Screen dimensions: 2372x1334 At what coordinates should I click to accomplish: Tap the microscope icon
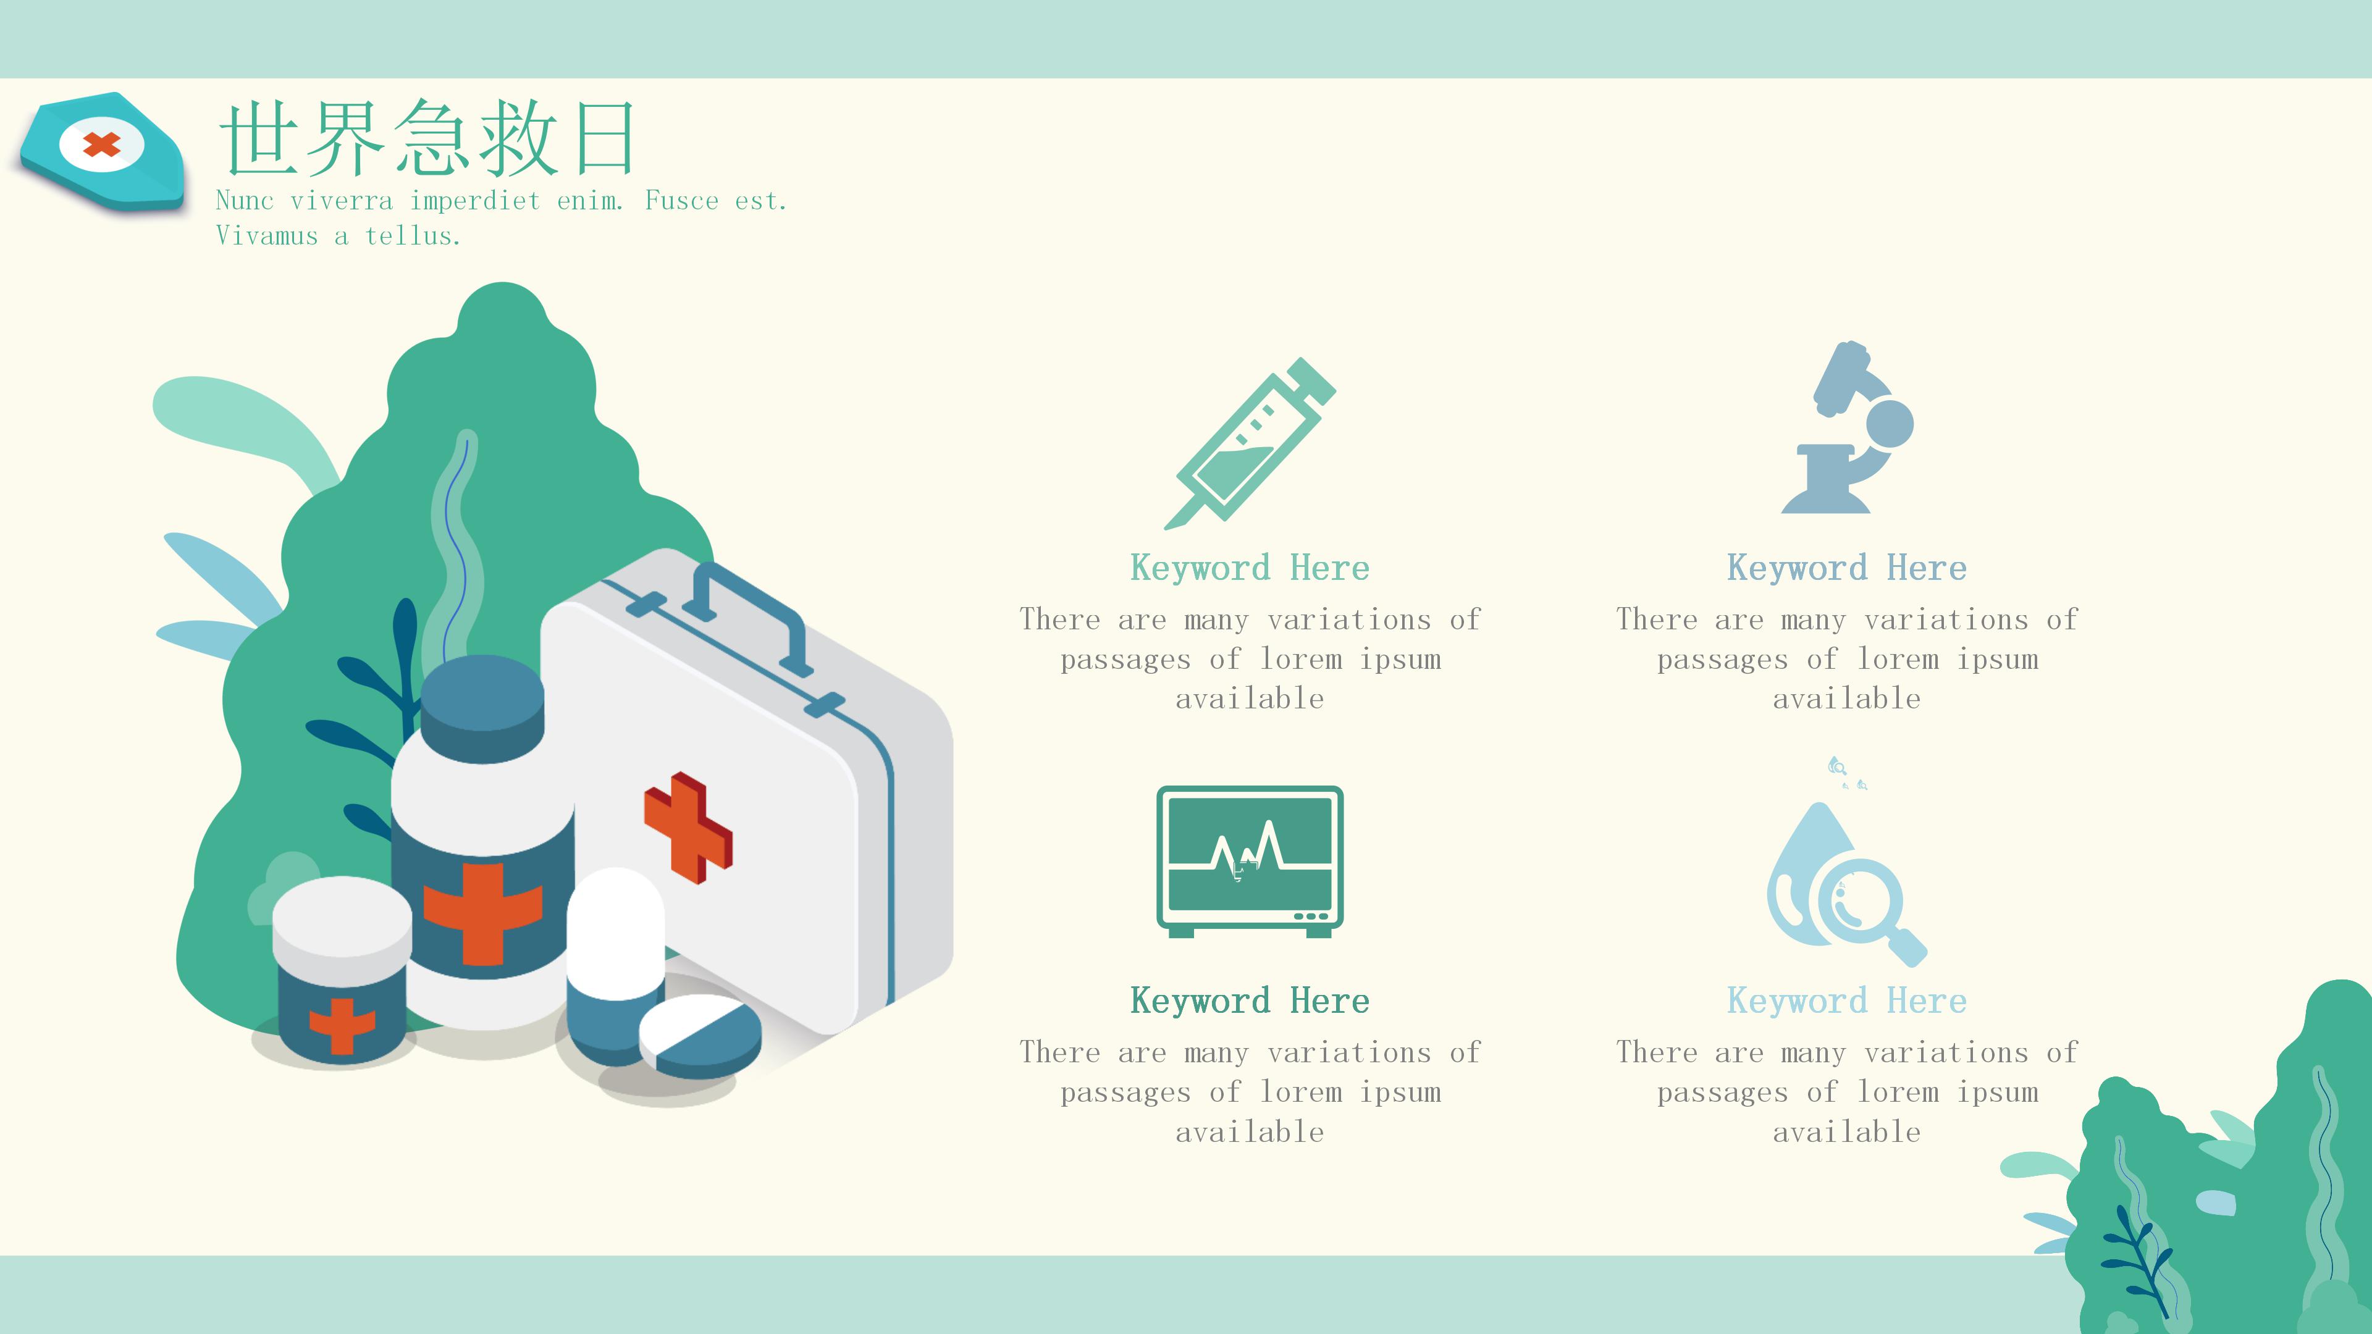[x=1846, y=428]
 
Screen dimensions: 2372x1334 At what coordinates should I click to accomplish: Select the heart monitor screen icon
[x=1250, y=862]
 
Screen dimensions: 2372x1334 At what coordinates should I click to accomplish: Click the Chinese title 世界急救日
[x=426, y=138]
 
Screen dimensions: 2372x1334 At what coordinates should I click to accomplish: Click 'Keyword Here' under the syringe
[x=1250, y=568]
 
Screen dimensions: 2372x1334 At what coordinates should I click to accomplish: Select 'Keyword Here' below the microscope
[x=1846, y=568]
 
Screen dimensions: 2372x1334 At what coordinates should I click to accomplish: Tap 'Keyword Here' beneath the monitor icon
[x=1250, y=1000]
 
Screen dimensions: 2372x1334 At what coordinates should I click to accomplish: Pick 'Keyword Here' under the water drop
[x=1846, y=1000]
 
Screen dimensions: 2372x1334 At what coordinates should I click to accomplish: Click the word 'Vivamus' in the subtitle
[x=267, y=237]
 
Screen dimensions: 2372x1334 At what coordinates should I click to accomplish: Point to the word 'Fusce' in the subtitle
[x=681, y=201]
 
